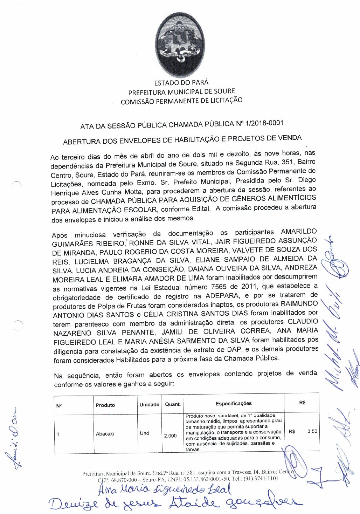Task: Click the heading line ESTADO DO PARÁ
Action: (x=181, y=83)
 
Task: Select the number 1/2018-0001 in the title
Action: (x=265, y=123)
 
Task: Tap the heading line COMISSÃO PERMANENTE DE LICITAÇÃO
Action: (x=181, y=101)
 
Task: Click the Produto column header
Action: (x=105, y=405)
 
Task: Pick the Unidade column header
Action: (x=149, y=404)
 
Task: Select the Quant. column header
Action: (x=173, y=404)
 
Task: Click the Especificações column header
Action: (x=234, y=403)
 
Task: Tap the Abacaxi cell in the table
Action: (x=105, y=434)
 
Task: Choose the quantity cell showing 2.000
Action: (x=170, y=436)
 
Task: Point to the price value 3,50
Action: (x=312, y=431)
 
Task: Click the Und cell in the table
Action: (x=144, y=433)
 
